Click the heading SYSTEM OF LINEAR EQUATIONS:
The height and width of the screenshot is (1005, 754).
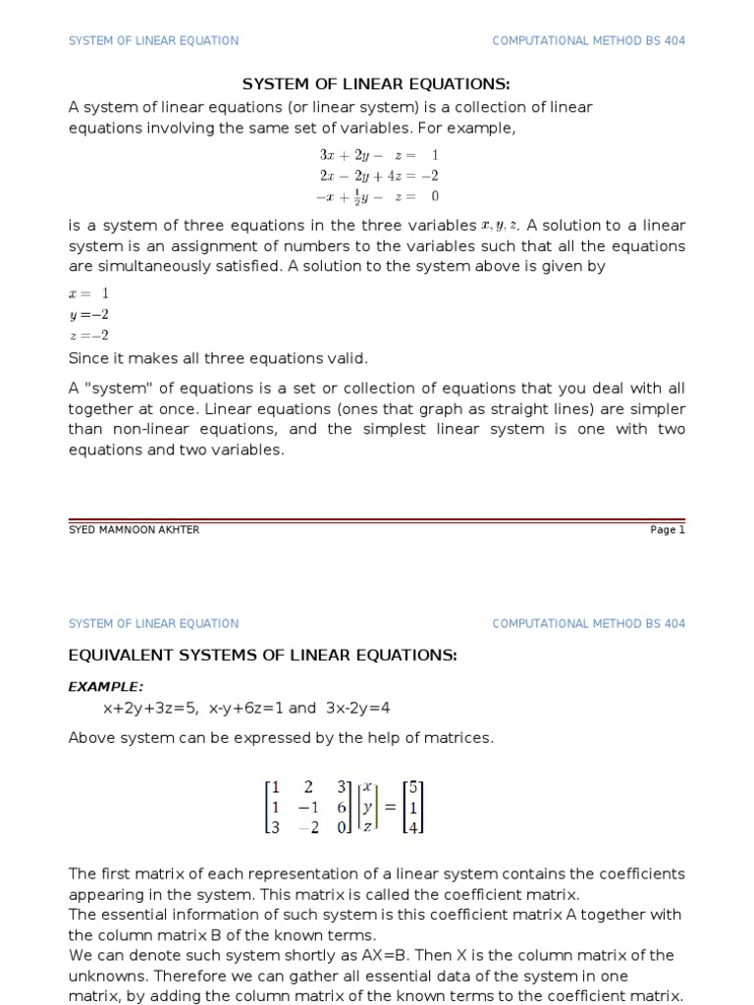(x=376, y=83)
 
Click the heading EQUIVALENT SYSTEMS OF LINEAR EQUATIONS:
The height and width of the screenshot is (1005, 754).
(x=262, y=656)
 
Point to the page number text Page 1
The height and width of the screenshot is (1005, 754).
(x=667, y=530)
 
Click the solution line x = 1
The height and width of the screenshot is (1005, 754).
(x=88, y=293)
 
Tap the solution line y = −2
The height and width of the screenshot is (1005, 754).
(x=88, y=314)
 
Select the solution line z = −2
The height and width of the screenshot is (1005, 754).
(x=88, y=335)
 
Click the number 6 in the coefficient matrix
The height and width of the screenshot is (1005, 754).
(x=341, y=807)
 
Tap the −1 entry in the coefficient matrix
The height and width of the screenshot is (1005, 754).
(x=307, y=807)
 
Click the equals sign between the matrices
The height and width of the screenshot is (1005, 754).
(x=390, y=807)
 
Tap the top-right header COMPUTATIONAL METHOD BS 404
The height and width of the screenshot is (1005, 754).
(x=588, y=40)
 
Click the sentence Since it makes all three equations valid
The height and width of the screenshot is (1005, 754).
(x=218, y=358)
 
